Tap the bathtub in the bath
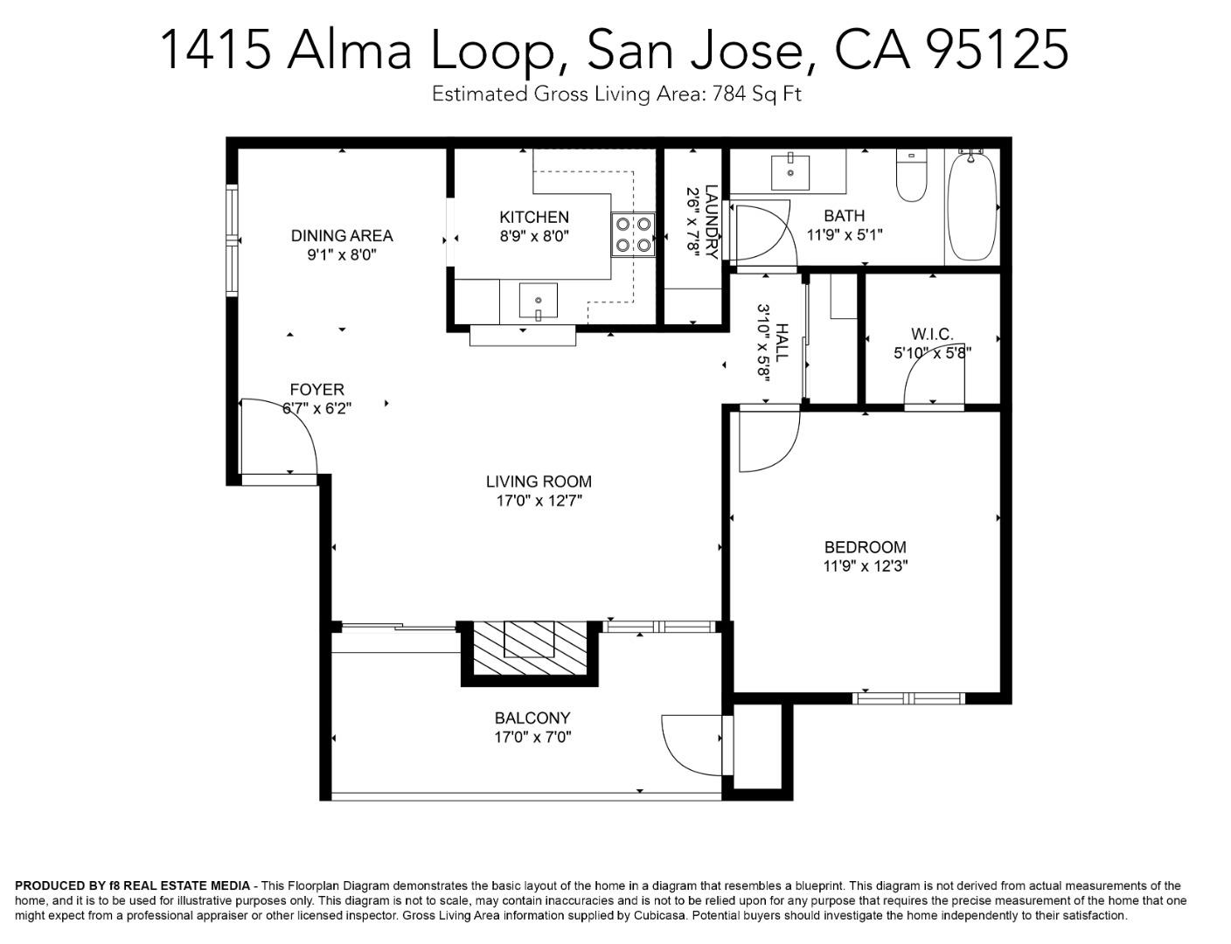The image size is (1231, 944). click(971, 205)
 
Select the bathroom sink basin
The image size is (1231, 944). click(790, 172)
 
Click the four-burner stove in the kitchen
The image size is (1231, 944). click(633, 234)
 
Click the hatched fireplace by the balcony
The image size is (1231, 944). click(530, 648)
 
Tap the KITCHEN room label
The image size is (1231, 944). click(533, 217)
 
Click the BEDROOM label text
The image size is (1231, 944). click(865, 547)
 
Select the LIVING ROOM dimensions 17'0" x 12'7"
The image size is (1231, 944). click(539, 501)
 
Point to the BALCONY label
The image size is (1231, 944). click(532, 718)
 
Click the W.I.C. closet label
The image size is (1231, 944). click(932, 334)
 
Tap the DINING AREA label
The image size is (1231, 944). click(342, 235)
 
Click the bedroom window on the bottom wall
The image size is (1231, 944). click(908, 698)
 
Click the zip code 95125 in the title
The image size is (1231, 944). click(997, 49)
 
